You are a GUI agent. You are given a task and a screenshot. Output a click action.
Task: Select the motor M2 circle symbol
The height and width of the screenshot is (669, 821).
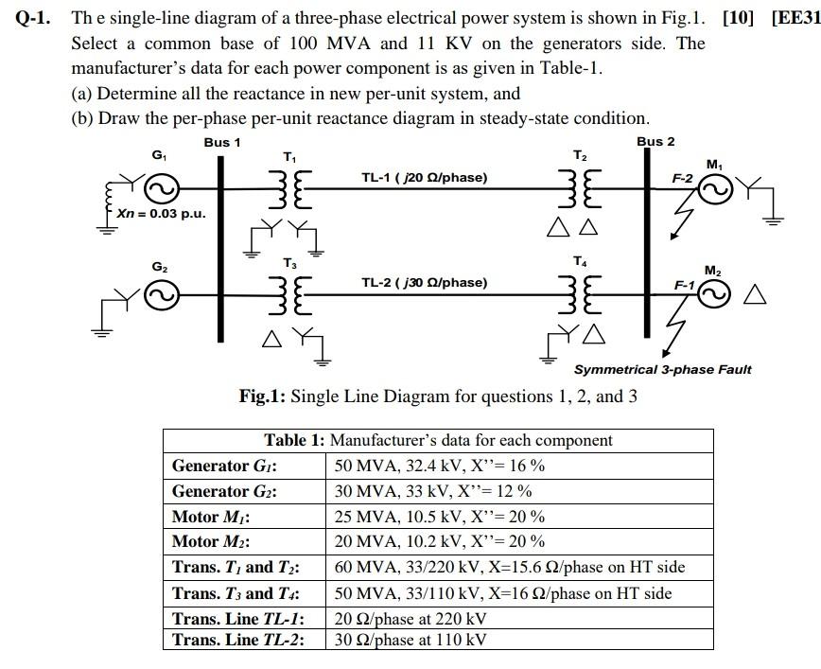coord(715,295)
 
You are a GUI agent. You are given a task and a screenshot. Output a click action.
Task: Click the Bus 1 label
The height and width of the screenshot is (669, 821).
coord(222,142)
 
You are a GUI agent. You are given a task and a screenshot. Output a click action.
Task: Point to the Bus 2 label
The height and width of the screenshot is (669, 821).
coord(655,142)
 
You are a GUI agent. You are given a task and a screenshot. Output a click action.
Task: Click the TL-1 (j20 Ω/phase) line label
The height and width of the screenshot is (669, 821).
coord(424,177)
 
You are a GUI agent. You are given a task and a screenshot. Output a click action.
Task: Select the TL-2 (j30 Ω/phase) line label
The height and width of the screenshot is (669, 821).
coord(424,282)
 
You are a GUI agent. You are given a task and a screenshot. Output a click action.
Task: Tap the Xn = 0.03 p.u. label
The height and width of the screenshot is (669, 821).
coord(161,213)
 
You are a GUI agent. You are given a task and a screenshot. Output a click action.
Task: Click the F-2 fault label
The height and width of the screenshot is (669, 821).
coord(682,178)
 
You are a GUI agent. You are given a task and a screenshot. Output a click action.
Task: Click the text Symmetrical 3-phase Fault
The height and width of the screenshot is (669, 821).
coord(662,369)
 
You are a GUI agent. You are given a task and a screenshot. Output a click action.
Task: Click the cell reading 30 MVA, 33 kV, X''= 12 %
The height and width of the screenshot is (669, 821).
coord(433,491)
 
